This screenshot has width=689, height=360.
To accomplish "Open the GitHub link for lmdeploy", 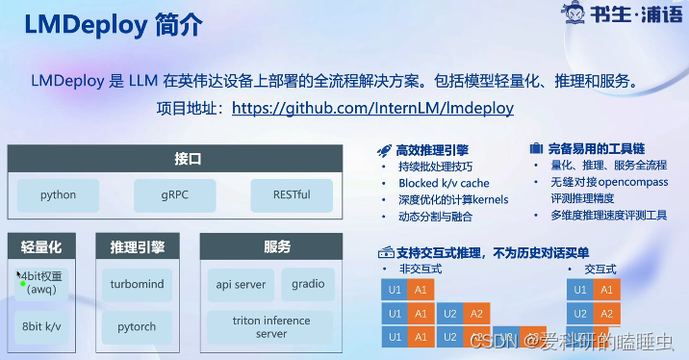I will pos(372,108).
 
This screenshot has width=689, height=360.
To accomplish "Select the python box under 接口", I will pos(58,195).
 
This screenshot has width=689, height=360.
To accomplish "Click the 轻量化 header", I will pos(41,246).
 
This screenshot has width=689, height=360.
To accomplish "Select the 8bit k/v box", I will pos(41,327).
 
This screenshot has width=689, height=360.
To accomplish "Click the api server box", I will pos(241,285).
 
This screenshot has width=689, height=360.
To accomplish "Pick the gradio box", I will pos(308,285).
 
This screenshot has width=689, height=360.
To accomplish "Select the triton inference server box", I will pos(271,327).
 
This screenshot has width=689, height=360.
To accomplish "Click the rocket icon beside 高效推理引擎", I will pos(383,149).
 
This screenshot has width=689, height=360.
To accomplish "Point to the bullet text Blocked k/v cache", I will pos(444,183).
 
